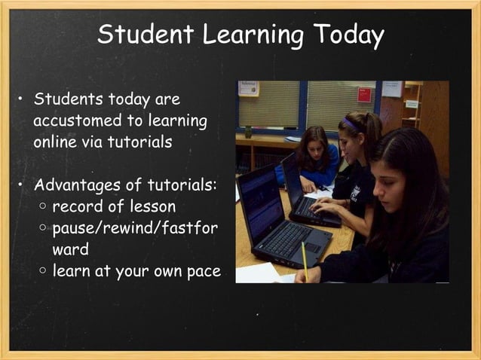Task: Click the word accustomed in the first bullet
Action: click(78, 121)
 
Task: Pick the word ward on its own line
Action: click(71, 249)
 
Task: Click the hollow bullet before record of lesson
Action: click(43, 206)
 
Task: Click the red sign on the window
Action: click(364, 95)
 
